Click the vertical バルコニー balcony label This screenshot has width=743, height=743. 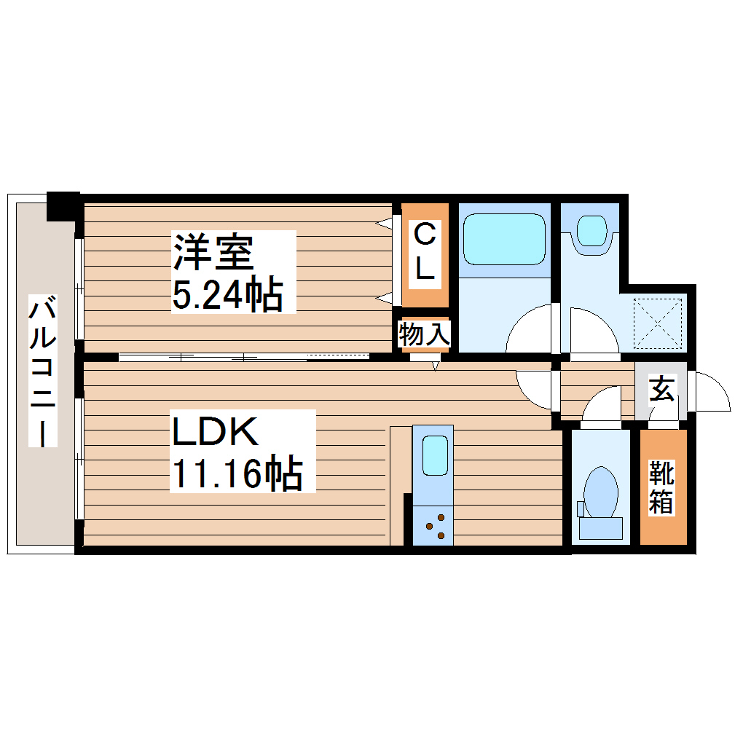(x=42, y=371)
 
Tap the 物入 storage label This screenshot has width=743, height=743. (x=425, y=336)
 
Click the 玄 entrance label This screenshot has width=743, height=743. (x=661, y=389)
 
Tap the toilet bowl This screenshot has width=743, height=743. (x=602, y=496)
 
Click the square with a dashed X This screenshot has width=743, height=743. (x=659, y=323)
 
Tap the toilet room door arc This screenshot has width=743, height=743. (x=602, y=405)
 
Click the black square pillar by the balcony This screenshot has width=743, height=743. (x=63, y=205)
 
